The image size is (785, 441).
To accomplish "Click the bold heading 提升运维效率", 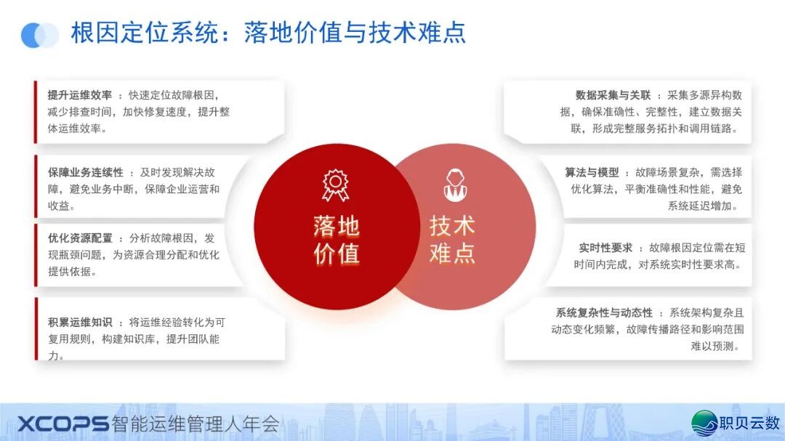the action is pos(80,95).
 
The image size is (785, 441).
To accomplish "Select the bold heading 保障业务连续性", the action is pos(86,173).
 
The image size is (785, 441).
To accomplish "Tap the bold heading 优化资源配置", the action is pos(80,238).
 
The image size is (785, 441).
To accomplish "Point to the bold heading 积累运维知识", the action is pos(80,323).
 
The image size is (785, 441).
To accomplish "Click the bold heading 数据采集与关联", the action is pos(613,95).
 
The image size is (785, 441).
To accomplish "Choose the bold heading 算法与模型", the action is pos(592,173).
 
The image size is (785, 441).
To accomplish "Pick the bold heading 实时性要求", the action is pos(605,248).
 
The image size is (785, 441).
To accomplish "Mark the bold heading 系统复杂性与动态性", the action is pos(604,313).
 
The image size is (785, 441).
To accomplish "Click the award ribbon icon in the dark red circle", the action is pos(335,185).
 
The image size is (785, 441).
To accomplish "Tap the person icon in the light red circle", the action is pos(455,185).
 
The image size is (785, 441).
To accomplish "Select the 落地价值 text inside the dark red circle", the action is pos(337,240).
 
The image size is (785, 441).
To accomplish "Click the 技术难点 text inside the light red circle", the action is pos(452,239).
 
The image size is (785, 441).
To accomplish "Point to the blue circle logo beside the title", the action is pos(39,36).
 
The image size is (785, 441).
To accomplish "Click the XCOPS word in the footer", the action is pos(63,424).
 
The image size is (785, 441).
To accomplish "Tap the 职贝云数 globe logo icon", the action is pos(704,423).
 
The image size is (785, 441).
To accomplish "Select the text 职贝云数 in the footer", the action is pos(750,423).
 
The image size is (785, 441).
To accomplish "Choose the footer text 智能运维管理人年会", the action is pos(196,424).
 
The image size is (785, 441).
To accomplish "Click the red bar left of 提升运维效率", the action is pos(36,112).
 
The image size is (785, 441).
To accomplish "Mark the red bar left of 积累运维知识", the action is pos(36,329).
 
